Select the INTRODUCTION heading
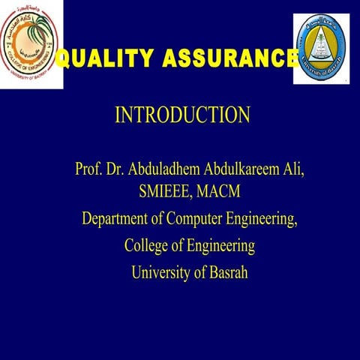(x=182, y=115)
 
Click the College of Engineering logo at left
(x=31, y=43)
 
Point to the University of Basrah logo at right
(x=321, y=47)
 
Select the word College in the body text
(x=147, y=245)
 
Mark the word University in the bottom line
(x=160, y=271)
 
